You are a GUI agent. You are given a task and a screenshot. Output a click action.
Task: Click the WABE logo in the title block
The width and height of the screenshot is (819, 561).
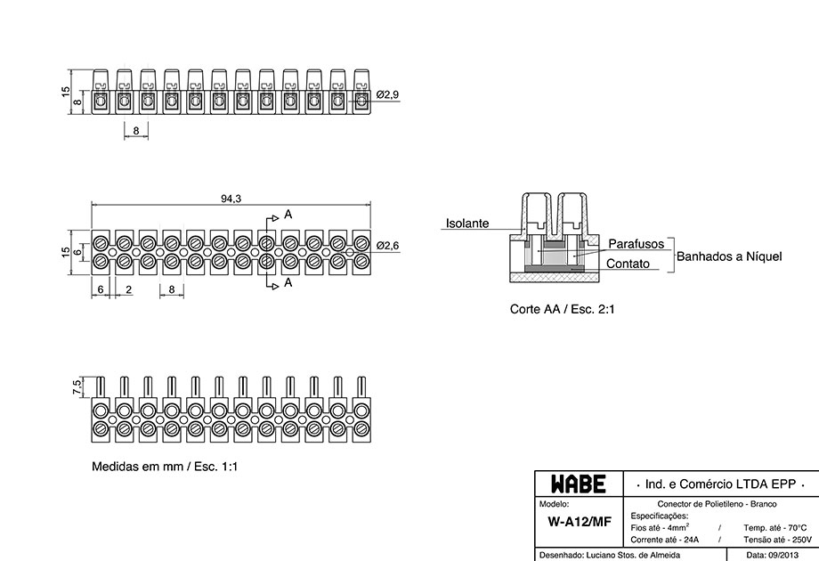[x=579, y=484]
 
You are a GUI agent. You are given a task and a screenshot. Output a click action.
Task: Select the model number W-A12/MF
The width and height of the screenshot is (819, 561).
[x=580, y=522]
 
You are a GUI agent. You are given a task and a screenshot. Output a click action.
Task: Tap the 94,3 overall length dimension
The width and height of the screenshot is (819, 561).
[x=231, y=199]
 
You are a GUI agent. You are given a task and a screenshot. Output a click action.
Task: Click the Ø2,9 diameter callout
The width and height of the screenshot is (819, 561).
[x=387, y=94]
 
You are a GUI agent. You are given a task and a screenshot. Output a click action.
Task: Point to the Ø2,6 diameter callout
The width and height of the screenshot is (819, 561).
[x=387, y=245]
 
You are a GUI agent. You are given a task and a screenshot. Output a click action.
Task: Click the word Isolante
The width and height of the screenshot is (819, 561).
[x=467, y=224]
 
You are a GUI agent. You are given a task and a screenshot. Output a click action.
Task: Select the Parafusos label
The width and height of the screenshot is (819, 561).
[x=637, y=244]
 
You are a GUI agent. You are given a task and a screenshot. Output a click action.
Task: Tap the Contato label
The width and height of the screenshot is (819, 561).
[x=628, y=264]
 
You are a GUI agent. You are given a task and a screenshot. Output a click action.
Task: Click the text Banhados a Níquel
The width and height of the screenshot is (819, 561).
[x=729, y=256]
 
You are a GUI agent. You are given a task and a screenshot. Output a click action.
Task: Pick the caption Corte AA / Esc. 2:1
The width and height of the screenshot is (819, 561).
[x=562, y=309]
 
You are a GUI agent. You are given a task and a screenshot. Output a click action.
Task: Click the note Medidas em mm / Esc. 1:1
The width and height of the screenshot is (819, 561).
[x=165, y=467]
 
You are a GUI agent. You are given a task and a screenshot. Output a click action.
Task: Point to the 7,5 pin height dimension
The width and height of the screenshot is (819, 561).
[x=77, y=388]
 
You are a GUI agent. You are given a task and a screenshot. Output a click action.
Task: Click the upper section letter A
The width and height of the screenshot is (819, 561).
[x=288, y=215]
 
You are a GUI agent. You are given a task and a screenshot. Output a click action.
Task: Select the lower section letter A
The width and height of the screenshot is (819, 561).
[x=288, y=282]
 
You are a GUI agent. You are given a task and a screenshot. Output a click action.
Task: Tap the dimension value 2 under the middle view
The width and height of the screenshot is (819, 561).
[x=128, y=289]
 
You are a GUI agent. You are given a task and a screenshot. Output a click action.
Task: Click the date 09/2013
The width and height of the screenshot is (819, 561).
[x=780, y=555]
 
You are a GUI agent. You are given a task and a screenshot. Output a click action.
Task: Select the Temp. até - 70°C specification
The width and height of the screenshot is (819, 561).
[x=775, y=527]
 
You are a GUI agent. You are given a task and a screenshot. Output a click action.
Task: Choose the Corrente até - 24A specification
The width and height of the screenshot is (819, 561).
[x=664, y=540]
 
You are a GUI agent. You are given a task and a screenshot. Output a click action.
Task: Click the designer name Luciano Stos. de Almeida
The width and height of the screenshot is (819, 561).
[x=633, y=555]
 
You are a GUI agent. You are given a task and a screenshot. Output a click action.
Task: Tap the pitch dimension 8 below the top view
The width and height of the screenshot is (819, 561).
[x=136, y=131]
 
